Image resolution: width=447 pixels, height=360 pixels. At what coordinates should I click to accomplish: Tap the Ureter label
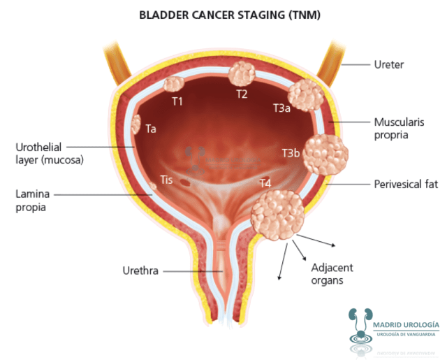coord(389,65)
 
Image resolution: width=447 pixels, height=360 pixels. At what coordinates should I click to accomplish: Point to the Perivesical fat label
coord(404,185)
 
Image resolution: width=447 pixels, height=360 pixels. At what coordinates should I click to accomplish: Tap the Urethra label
coord(140,270)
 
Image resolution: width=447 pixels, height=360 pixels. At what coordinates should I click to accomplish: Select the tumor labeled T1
coord(173,85)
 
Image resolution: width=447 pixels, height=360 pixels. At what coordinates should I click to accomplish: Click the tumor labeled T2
coord(242,73)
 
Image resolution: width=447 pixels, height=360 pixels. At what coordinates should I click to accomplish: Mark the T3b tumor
coord(325,154)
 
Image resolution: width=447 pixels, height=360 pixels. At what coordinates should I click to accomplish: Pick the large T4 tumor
coord(278,214)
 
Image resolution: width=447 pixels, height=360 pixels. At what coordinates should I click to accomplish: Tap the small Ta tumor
coord(135,125)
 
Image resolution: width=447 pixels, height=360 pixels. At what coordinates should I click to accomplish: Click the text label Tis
coord(166,180)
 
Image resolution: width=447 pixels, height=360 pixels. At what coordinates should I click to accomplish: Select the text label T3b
coord(291,153)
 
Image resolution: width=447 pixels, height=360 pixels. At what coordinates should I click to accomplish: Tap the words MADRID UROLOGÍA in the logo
coord(406,325)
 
